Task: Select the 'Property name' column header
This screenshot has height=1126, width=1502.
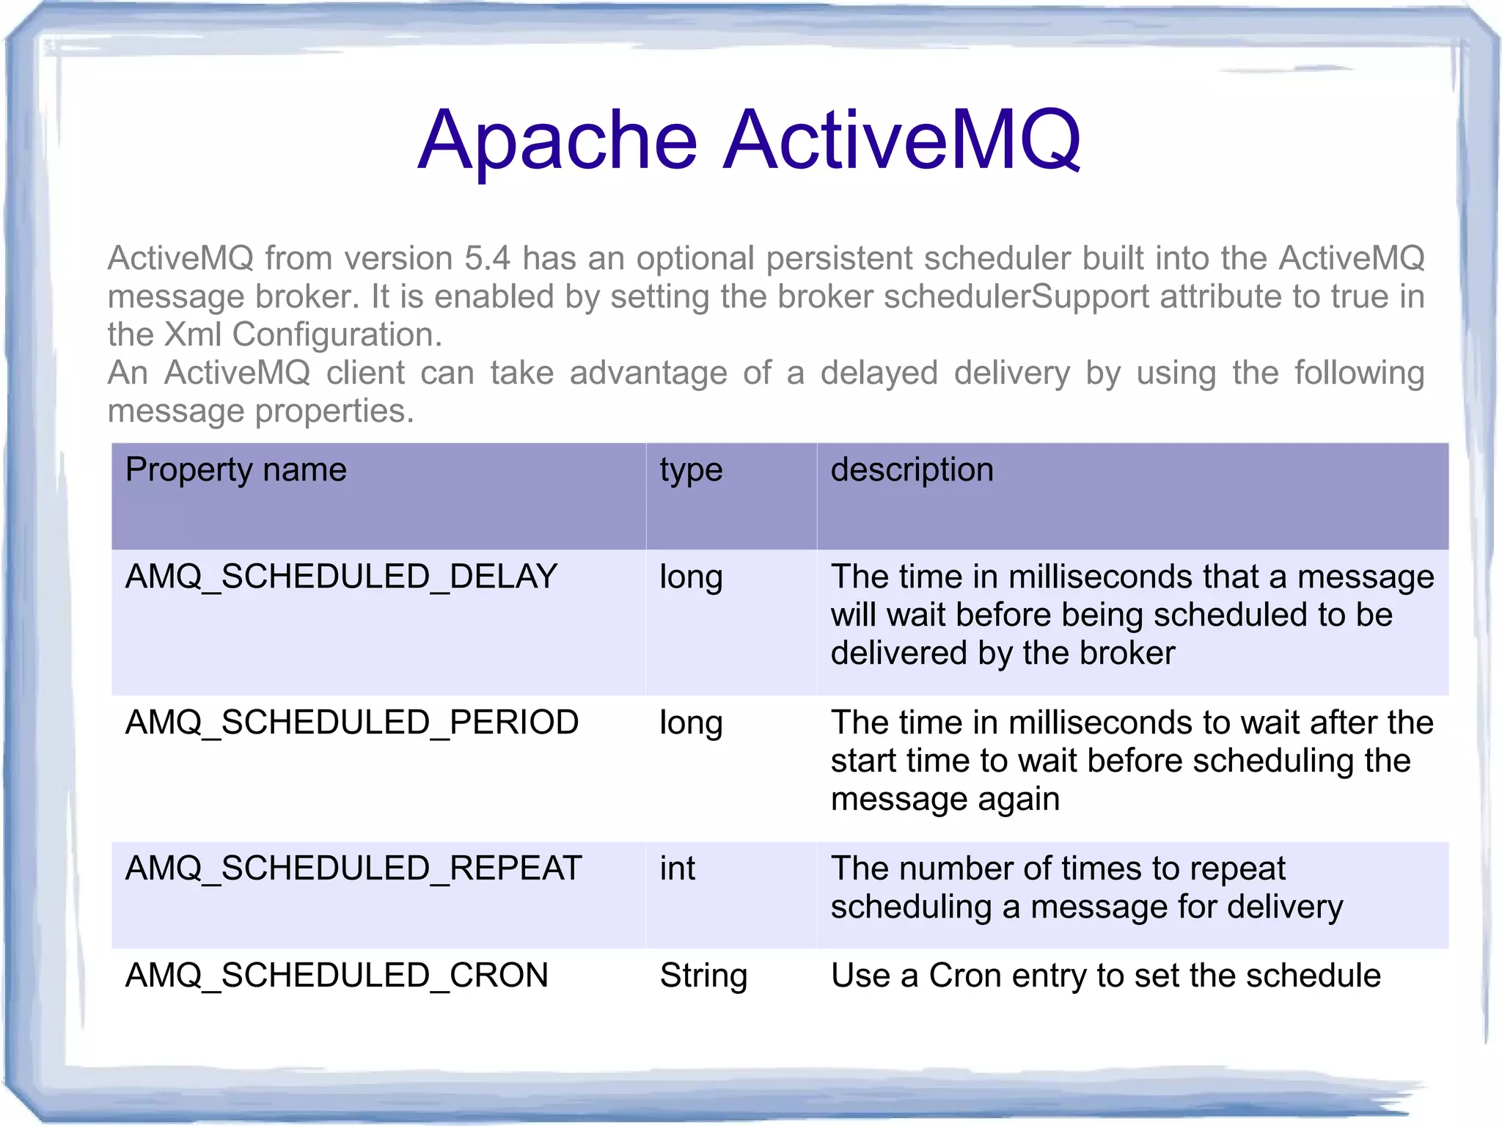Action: [x=235, y=469]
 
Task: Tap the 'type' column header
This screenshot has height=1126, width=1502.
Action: [x=691, y=469]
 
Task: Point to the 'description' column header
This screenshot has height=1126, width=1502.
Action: [x=912, y=469]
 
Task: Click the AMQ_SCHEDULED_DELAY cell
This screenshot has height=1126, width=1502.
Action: [x=341, y=577]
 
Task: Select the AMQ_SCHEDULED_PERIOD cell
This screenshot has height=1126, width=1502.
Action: [x=352, y=723]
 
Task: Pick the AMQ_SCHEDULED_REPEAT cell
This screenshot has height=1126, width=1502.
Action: [x=353, y=869]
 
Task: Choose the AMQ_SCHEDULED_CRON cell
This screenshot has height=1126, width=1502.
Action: [x=337, y=976]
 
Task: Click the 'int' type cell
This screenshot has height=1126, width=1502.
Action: [x=677, y=869]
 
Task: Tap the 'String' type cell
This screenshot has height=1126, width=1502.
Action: [x=703, y=976]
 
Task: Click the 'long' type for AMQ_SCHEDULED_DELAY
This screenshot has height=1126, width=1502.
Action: [x=691, y=577]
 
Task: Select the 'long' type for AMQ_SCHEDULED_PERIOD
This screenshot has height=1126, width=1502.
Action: [x=691, y=723]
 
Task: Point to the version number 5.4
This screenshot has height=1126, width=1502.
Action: [x=487, y=258]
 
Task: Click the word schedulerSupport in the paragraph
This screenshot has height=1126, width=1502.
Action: [x=1016, y=296]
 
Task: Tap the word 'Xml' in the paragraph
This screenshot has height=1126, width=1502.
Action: [x=193, y=334]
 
